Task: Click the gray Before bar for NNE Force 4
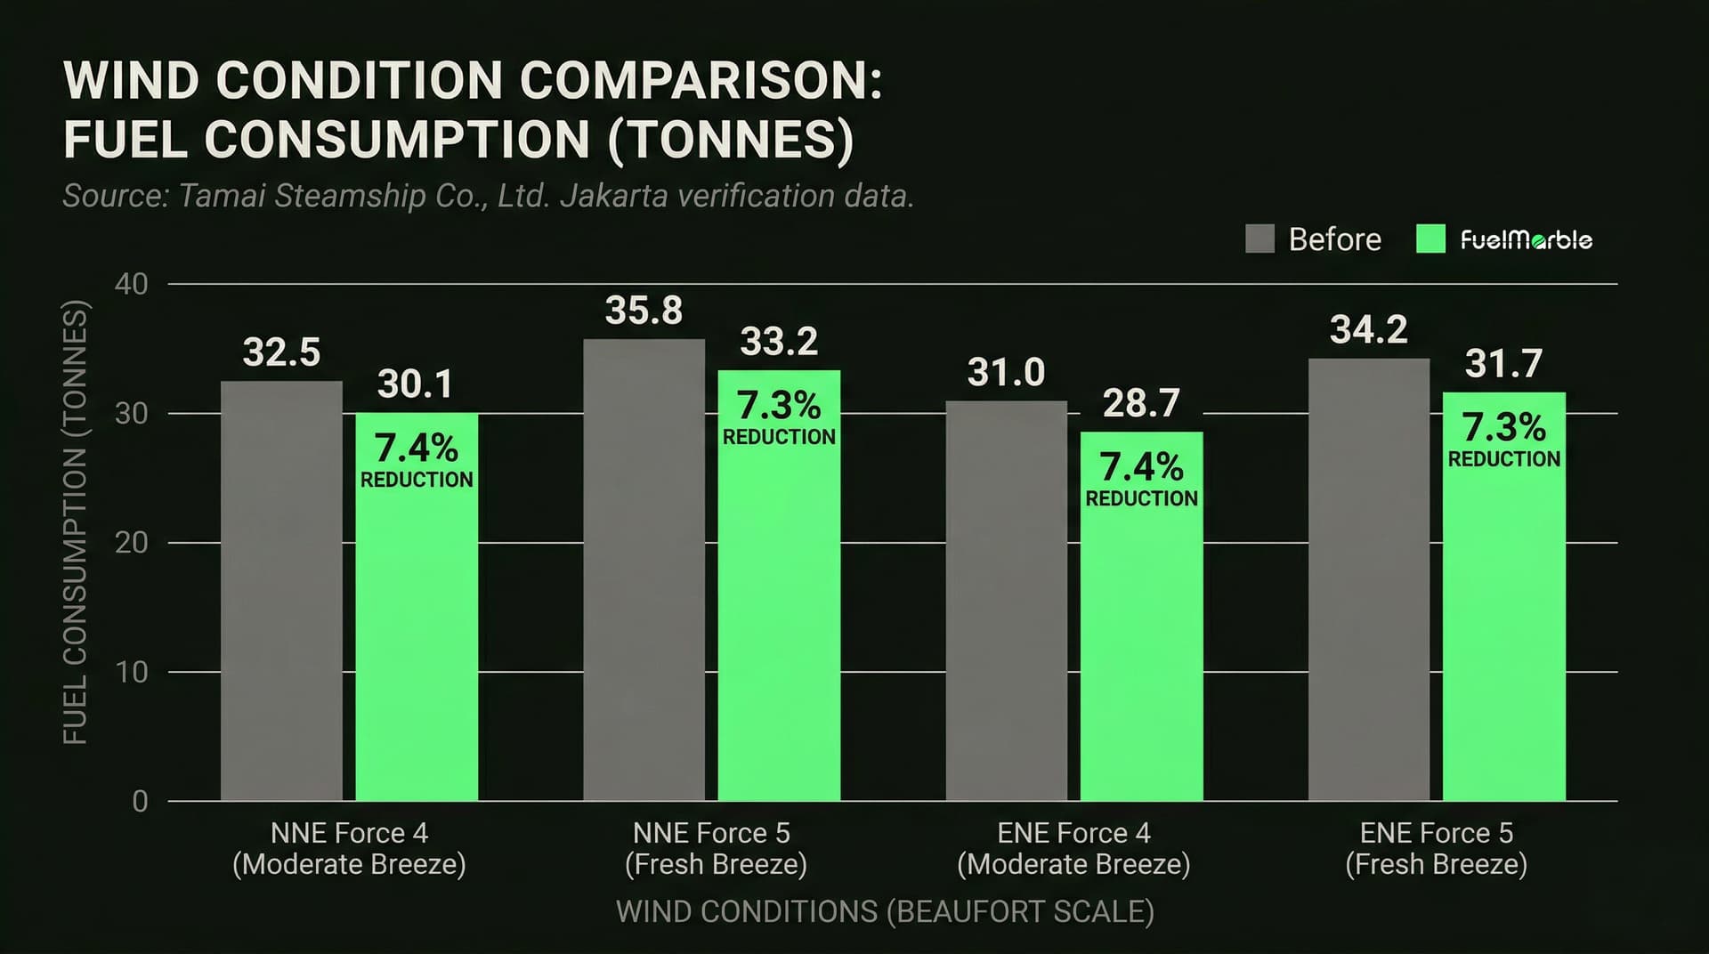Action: tap(281, 591)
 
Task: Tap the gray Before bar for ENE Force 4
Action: tap(1006, 601)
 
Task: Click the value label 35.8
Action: tap(644, 311)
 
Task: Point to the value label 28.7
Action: tap(1141, 403)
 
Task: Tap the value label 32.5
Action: tap(281, 352)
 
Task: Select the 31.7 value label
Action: tap(1503, 364)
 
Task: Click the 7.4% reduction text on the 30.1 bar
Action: tap(417, 459)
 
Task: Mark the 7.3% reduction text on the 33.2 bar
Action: tap(779, 417)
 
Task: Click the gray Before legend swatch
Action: tap(1259, 238)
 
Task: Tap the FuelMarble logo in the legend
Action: tap(1526, 239)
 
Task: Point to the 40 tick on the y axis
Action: tap(131, 284)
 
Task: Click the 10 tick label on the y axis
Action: tap(131, 672)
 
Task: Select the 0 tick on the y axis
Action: tap(140, 801)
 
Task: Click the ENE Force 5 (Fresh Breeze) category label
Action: tap(1436, 848)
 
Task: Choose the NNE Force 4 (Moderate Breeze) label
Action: tap(349, 848)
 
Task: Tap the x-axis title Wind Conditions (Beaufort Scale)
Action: tap(885, 912)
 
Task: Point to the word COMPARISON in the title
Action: tap(701, 81)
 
